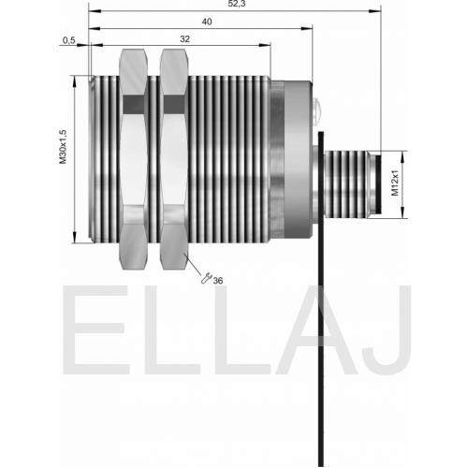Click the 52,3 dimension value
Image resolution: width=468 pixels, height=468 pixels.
[237, 4]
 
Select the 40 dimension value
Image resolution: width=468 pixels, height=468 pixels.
[207, 22]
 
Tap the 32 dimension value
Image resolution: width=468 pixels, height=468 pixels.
[184, 39]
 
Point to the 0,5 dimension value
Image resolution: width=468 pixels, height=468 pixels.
[69, 40]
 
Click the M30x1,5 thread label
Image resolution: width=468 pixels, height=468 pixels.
[63, 147]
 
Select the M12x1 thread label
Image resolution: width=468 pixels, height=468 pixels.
[395, 183]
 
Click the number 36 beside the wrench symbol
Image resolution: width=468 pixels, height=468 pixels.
[218, 281]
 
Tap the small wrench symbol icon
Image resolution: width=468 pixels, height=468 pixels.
[206, 278]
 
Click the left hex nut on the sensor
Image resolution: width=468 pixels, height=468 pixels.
[134, 159]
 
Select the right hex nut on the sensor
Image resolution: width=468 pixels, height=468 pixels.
[174, 159]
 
